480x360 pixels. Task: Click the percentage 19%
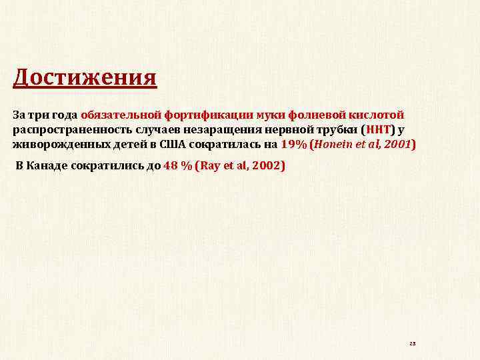click(x=294, y=144)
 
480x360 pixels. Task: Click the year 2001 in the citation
click(x=398, y=144)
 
